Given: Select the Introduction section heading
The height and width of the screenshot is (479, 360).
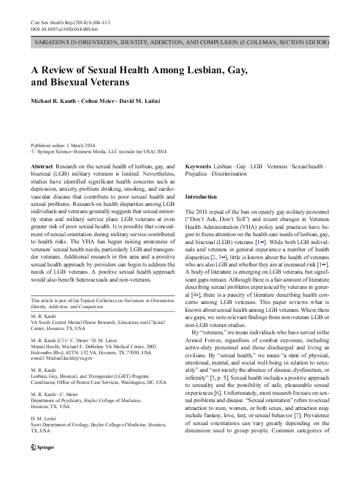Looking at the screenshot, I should [200, 197].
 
